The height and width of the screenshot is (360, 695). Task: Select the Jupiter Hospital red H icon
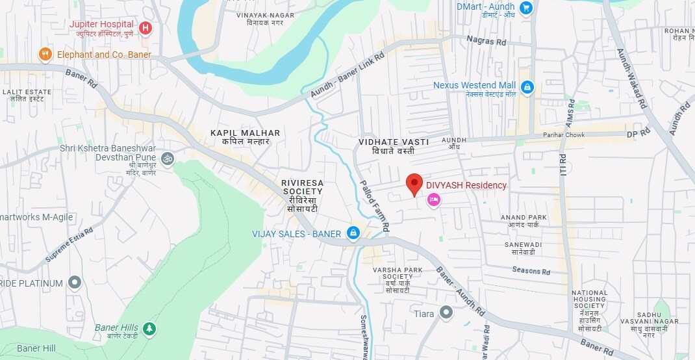[x=145, y=28]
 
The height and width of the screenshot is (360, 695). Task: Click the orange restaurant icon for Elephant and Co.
[x=45, y=55]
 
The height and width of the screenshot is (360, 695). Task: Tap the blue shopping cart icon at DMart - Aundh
[x=526, y=8]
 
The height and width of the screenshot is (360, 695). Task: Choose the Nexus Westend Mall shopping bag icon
[x=527, y=87]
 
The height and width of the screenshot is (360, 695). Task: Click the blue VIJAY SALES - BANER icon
[x=353, y=233]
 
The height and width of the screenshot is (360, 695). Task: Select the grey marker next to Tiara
[x=446, y=314]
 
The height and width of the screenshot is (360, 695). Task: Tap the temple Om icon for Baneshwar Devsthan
[x=167, y=158]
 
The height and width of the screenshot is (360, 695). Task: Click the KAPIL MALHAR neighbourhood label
[x=245, y=133]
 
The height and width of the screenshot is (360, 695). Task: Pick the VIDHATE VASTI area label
[x=394, y=142]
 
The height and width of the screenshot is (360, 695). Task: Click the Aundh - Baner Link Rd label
[x=347, y=75]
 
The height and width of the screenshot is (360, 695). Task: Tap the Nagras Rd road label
[x=486, y=41]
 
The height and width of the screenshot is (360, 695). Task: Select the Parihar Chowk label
[x=564, y=135]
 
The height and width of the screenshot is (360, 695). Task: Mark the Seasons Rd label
[x=531, y=270]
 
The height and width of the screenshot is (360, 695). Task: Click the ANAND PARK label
[x=524, y=218]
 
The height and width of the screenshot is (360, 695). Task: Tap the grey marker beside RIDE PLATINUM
[x=75, y=283]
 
